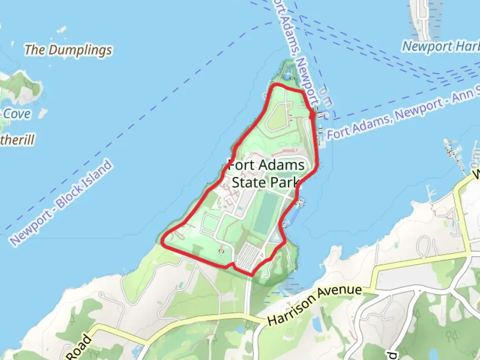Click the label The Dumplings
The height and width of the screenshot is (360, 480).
[x=68, y=50]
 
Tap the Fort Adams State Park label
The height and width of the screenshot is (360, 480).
[x=266, y=174]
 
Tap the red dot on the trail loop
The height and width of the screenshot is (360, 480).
[x=312, y=115]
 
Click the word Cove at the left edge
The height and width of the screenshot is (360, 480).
[x=17, y=114]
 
